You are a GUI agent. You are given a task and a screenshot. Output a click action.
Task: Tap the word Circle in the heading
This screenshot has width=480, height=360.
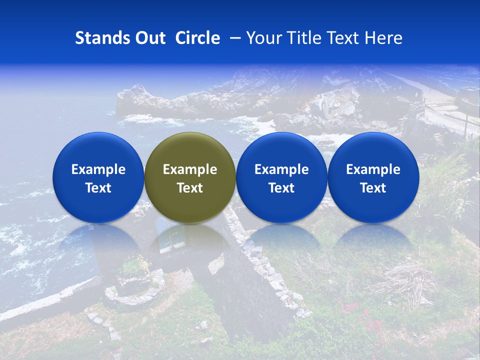(197, 38)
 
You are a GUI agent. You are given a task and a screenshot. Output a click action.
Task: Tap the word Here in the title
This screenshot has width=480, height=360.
(384, 38)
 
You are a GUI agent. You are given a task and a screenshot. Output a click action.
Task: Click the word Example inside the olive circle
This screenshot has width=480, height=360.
(190, 169)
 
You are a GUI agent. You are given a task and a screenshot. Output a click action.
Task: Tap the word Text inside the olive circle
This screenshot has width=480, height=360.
(190, 188)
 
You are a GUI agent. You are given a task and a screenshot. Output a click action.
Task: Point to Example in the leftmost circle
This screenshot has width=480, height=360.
(98, 169)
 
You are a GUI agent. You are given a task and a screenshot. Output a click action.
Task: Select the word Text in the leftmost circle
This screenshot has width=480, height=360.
(98, 188)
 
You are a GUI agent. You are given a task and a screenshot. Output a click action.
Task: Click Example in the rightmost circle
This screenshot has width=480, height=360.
(373, 169)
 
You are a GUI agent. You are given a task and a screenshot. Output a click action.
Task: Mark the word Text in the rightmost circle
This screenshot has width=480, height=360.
(373, 188)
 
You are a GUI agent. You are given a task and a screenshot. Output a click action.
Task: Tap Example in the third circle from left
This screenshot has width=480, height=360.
(281, 169)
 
